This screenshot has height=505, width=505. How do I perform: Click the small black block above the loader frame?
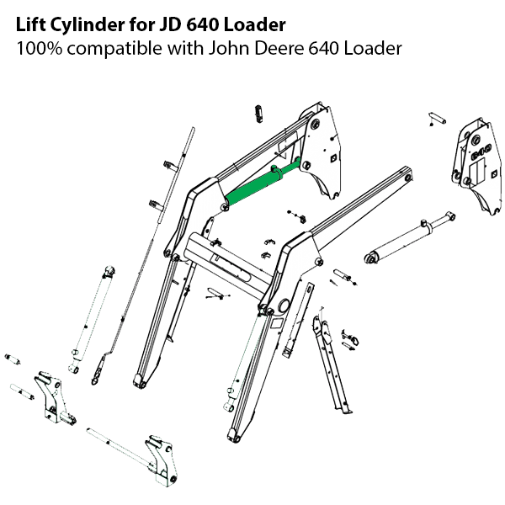tap(258, 113)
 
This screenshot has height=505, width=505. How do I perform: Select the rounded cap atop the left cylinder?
tap(108, 270)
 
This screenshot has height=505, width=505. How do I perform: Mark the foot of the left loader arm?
tap(144, 378)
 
